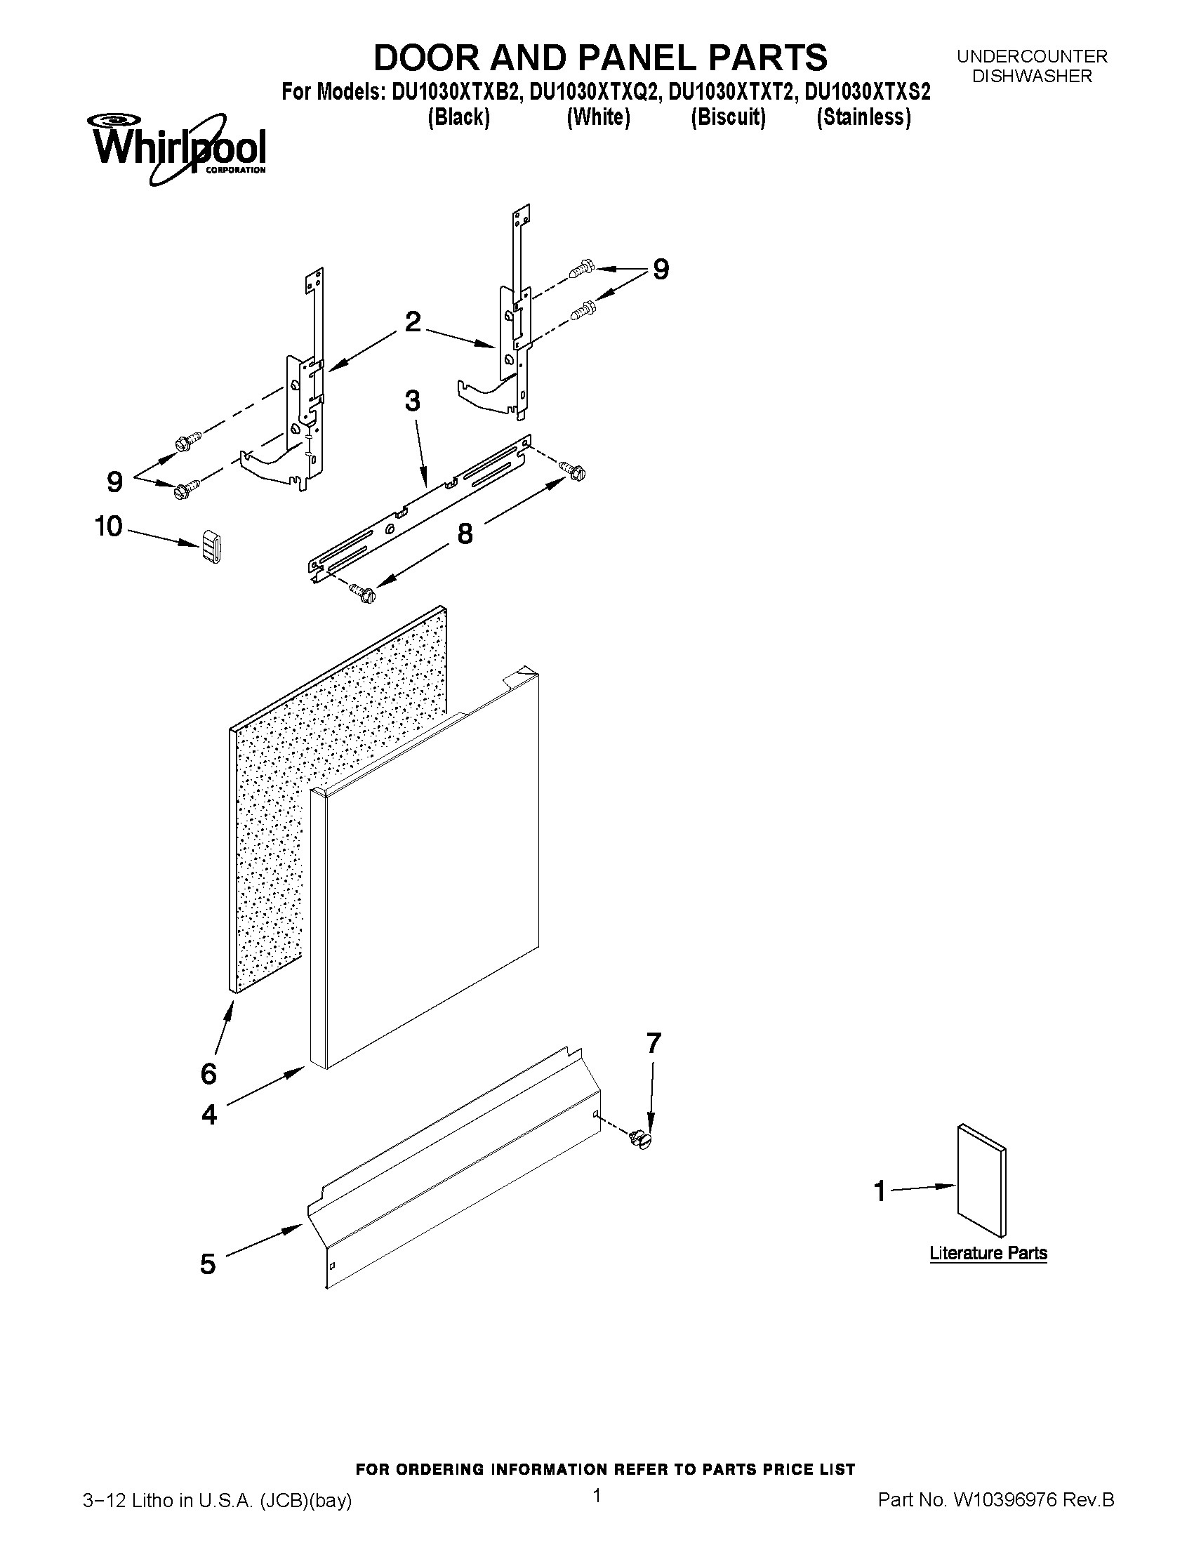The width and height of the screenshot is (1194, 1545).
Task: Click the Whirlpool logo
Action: [177, 149]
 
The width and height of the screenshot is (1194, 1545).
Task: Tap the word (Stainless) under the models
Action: [863, 117]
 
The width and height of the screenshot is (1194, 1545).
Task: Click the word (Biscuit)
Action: [728, 117]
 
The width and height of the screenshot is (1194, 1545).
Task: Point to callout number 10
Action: [109, 526]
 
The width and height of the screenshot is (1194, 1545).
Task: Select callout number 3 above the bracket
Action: [412, 401]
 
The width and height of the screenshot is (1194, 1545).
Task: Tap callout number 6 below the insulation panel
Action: [208, 1074]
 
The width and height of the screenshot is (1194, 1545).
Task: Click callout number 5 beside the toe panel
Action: [207, 1264]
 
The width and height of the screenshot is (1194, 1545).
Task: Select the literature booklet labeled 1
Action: [981, 1180]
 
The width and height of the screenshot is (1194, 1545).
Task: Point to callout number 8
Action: [465, 534]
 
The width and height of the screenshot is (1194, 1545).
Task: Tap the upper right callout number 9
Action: [660, 270]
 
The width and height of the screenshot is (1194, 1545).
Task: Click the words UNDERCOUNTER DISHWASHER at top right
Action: [1032, 66]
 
